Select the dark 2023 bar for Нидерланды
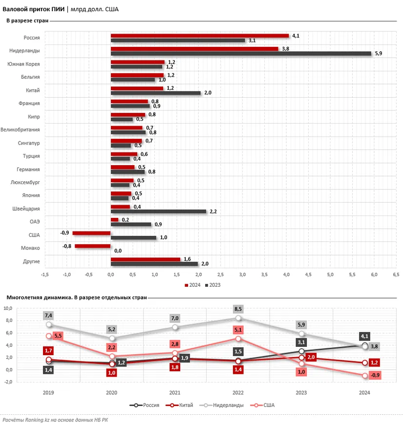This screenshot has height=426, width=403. [x=241, y=53]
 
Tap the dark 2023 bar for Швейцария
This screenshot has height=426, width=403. [x=158, y=212]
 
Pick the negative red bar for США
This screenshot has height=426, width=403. [x=91, y=233]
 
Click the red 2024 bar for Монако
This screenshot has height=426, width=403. [x=93, y=246]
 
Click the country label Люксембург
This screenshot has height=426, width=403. [x=25, y=183]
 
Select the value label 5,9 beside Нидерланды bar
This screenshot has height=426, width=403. [x=378, y=54]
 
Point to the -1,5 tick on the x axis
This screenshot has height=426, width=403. [x=45, y=275]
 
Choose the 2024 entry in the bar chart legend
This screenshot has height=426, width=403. [x=193, y=285]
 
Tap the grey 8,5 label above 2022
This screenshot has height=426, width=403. [x=238, y=309]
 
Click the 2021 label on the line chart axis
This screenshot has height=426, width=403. [x=175, y=392]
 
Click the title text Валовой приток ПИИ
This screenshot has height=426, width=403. [x=33, y=9]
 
